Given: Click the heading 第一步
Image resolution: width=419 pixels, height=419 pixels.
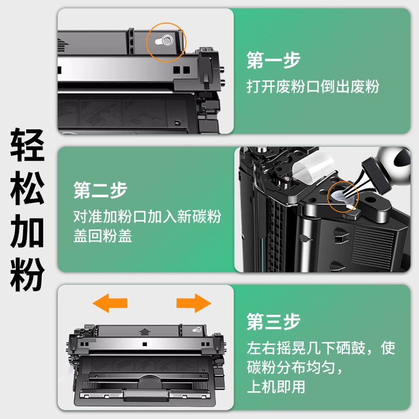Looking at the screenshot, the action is coord(273,60).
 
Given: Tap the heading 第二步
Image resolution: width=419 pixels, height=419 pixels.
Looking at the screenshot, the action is coord(100,190).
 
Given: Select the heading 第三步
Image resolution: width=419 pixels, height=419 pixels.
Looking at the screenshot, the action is coord(273,322).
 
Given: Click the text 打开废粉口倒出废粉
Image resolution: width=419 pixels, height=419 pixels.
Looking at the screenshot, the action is coord(313,86).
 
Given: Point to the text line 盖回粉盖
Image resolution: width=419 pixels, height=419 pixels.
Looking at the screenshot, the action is coord(103,236).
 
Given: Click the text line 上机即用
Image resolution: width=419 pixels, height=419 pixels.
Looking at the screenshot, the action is coord(276,387).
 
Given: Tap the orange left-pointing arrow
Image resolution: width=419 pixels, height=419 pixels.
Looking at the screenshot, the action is coord(110,303).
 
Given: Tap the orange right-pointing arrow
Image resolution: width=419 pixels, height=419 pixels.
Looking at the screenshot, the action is coord(194,303).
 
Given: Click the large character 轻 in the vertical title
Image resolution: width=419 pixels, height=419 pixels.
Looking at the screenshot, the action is coord(27,145).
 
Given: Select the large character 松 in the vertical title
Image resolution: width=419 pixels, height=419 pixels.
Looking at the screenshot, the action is coord(27,188).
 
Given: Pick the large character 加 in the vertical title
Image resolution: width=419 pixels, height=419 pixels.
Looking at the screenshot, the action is coord(27,231).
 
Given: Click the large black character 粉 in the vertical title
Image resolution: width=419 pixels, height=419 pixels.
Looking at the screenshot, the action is coord(27,274).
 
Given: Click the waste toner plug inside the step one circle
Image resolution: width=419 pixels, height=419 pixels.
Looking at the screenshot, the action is coord(164,41).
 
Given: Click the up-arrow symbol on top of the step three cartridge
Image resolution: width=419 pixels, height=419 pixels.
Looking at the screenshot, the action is coord(145,332).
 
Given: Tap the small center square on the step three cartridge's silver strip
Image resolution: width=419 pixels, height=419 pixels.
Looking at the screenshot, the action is coord(145,344).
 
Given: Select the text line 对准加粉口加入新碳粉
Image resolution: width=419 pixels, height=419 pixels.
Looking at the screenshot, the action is coord(147,216).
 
